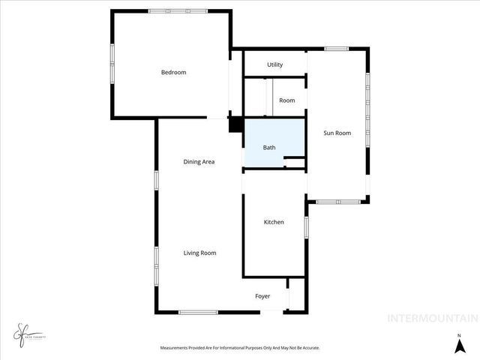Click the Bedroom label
[x=173, y=73]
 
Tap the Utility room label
[x=274, y=65]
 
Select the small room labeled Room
[x=286, y=100]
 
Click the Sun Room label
[x=337, y=133]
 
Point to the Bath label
[x=268, y=148]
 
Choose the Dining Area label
[x=199, y=162]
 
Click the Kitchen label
[x=274, y=222]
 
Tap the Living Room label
[x=199, y=253]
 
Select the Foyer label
[x=262, y=296]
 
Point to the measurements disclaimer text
[x=240, y=348]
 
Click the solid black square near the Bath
[x=235, y=125]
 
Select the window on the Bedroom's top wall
[x=178, y=11]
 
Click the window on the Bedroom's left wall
[x=112, y=64]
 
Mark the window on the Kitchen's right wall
[x=306, y=227]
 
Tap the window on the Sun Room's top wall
[x=337, y=49]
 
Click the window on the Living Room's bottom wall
[x=198, y=312]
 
